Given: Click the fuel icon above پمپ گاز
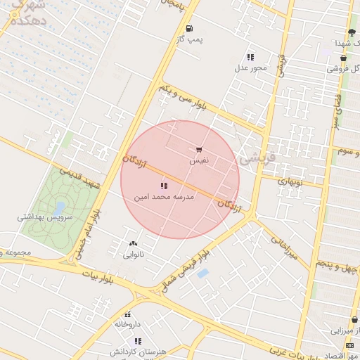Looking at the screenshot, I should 190,28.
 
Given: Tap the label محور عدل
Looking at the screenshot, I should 251,68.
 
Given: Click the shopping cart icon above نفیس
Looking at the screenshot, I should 200,150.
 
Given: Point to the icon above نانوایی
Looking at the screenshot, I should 134,243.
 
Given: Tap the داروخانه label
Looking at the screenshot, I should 128,325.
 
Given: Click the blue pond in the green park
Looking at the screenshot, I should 59,207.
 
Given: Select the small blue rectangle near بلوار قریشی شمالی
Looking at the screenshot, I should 202,273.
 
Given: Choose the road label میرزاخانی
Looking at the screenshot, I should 285,246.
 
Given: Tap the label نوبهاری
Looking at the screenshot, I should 290,181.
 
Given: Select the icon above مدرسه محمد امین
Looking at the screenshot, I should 164,186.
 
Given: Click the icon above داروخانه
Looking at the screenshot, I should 128,314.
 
